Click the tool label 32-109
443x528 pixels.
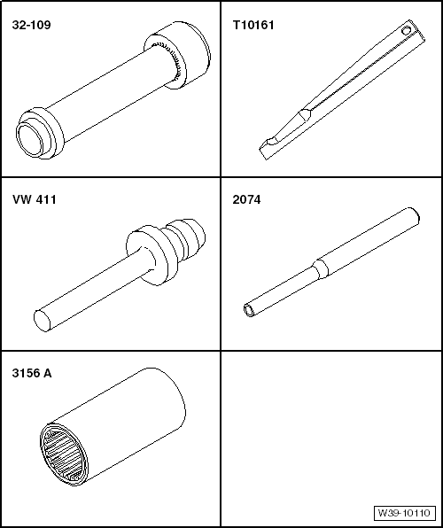(x=31, y=25)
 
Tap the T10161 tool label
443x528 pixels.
(x=253, y=25)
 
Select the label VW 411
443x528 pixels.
(x=35, y=199)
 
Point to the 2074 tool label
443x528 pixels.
(x=246, y=199)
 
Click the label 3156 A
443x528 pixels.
(x=32, y=373)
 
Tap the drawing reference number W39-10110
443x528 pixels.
(x=404, y=513)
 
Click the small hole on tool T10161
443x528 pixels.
(x=407, y=31)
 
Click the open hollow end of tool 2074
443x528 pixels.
(x=249, y=310)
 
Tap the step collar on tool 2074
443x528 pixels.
(x=321, y=268)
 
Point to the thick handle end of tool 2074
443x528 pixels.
(x=369, y=241)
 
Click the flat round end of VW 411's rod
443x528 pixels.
(x=43, y=321)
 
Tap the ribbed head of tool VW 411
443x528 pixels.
(x=188, y=240)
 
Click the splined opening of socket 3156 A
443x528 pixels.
(x=63, y=454)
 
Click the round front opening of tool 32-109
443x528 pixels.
(x=31, y=140)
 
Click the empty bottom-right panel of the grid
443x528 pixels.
(x=331, y=438)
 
